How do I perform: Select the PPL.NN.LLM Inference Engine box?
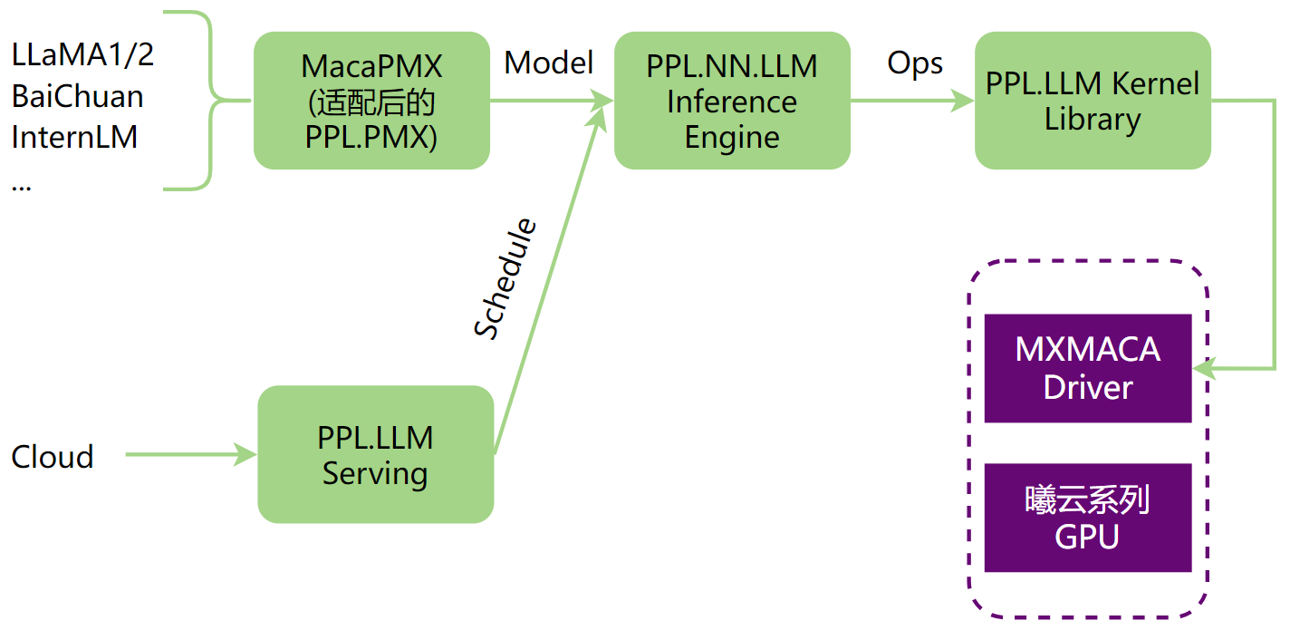pos(732,101)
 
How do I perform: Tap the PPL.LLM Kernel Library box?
pos(1093,101)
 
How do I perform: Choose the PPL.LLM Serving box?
pos(375,454)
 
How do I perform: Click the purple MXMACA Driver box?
pos(1087,368)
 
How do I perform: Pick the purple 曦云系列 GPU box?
pos(1087,518)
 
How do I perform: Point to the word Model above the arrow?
pos(548,63)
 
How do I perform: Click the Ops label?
pos(914,63)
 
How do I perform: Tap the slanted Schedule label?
pos(505,279)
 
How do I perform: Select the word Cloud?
pos(53,456)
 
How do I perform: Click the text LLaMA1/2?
pos(82,54)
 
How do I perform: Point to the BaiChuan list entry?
pos(77,96)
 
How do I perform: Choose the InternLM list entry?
pos(74,137)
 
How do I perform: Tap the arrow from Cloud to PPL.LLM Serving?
pos(190,454)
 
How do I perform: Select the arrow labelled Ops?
pos(911,101)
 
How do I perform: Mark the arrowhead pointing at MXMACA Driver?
pos(1205,368)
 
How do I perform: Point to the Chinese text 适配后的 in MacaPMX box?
pos(371,102)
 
